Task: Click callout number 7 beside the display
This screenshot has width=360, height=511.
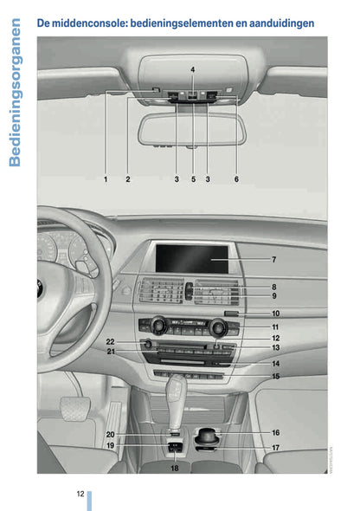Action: click(273, 259)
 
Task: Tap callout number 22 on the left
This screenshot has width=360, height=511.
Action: click(110, 343)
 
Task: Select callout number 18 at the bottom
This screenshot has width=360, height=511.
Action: click(174, 469)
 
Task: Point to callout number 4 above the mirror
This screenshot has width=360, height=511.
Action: click(192, 68)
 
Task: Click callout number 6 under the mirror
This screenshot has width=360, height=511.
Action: click(235, 179)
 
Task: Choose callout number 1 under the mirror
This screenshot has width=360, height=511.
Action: click(106, 179)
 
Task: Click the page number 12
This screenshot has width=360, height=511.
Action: click(80, 494)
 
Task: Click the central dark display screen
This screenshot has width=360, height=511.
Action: click(191, 257)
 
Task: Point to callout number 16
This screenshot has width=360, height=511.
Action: click(275, 432)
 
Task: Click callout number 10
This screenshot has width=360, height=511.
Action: click(275, 314)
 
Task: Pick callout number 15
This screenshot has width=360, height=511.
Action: click(275, 377)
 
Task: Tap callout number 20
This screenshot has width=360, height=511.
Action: click(110, 434)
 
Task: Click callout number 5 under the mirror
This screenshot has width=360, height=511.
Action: click(193, 179)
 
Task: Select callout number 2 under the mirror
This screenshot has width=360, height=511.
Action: click(127, 179)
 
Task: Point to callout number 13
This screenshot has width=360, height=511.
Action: click(275, 347)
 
